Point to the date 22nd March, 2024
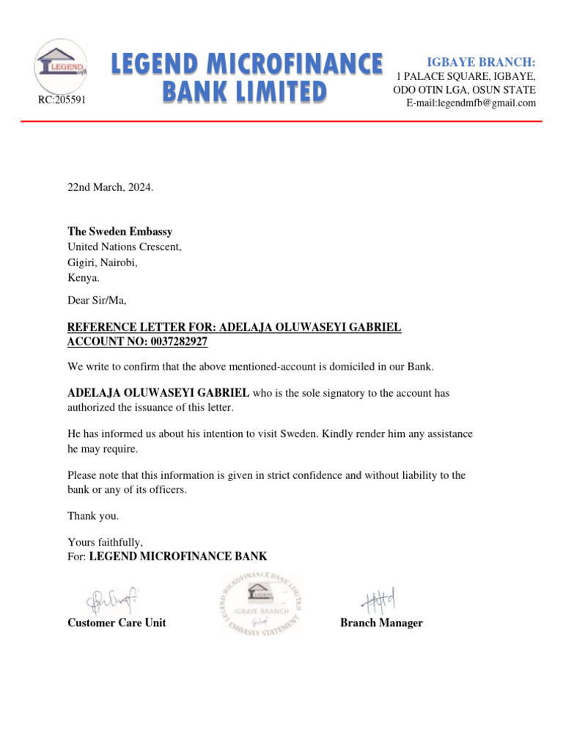(x=110, y=187)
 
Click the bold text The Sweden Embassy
(x=119, y=232)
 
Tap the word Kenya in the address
(x=83, y=278)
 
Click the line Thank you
(x=92, y=516)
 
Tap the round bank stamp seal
(x=260, y=603)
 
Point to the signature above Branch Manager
(x=378, y=601)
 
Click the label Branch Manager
(x=381, y=623)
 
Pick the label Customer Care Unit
(x=117, y=623)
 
